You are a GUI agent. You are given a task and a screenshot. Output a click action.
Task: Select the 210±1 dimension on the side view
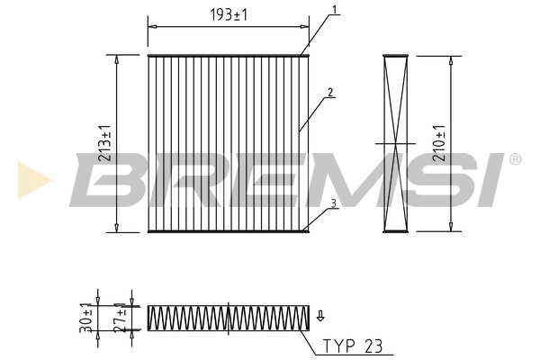(x=439, y=144)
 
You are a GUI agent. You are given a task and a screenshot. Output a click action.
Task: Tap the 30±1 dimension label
(x=86, y=318)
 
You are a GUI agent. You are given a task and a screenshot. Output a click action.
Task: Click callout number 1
(x=334, y=11)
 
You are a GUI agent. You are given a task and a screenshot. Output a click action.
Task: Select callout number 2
(x=331, y=92)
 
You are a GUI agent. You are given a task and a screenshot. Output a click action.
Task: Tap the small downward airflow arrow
(x=320, y=315)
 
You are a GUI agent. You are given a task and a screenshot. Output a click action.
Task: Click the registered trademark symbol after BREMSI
(x=515, y=159)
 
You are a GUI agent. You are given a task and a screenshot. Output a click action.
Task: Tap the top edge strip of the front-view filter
(x=229, y=56)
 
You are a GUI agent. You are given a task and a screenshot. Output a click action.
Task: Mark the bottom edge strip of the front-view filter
(x=229, y=231)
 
